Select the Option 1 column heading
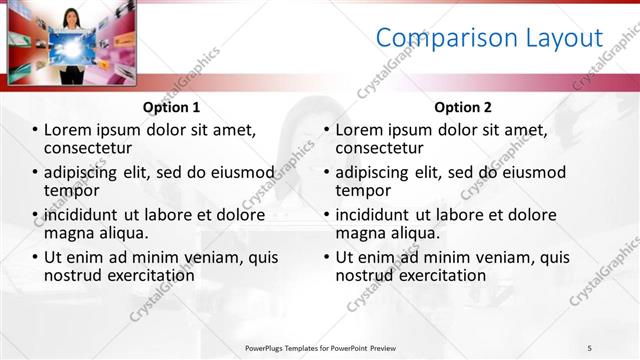click(x=171, y=107)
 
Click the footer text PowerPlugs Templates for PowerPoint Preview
click(x=320, y=347)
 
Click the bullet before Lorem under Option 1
click(x=36, y=130)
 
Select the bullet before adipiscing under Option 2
click(x=326, y=172)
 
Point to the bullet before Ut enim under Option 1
click(x=36, y=257)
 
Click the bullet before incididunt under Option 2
click(x=326, y=215)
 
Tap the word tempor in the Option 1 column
click(x=72, y=190)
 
